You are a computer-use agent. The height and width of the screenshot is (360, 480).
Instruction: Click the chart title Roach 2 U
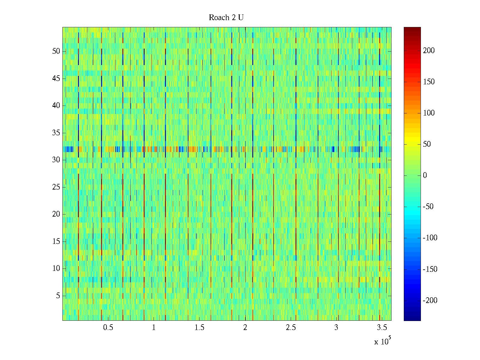[226, 18]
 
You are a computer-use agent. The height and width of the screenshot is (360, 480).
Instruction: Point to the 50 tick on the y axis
[56, 51]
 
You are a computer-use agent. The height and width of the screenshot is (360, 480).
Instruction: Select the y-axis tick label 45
[56, 79]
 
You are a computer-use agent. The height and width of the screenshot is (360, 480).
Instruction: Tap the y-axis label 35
[56, 133]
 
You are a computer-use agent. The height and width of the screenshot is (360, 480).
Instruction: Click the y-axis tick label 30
[56, 160]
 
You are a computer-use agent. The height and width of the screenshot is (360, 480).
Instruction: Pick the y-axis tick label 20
[56, 214]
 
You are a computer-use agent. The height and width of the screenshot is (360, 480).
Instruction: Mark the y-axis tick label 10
[56, 268]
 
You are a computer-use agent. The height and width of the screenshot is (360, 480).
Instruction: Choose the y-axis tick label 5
[58, 296]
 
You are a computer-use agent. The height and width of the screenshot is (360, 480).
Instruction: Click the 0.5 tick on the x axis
[108, 328]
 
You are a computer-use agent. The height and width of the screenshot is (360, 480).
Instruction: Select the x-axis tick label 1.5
[199, 328]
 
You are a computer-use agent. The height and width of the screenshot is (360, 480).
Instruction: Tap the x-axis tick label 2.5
[291, 328]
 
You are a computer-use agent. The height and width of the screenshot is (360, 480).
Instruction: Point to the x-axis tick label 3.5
[382, 328]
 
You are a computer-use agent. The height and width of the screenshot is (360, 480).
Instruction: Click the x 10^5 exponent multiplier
[382, 341]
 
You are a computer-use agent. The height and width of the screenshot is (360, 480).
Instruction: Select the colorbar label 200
[429, 50]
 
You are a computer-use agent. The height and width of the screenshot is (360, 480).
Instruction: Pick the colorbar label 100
[429, 113]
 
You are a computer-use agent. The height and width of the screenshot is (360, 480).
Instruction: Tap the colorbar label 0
[425, 175]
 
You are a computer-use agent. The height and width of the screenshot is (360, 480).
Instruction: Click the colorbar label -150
[430, 269]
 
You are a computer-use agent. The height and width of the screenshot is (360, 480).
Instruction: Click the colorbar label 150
[429, 82]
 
